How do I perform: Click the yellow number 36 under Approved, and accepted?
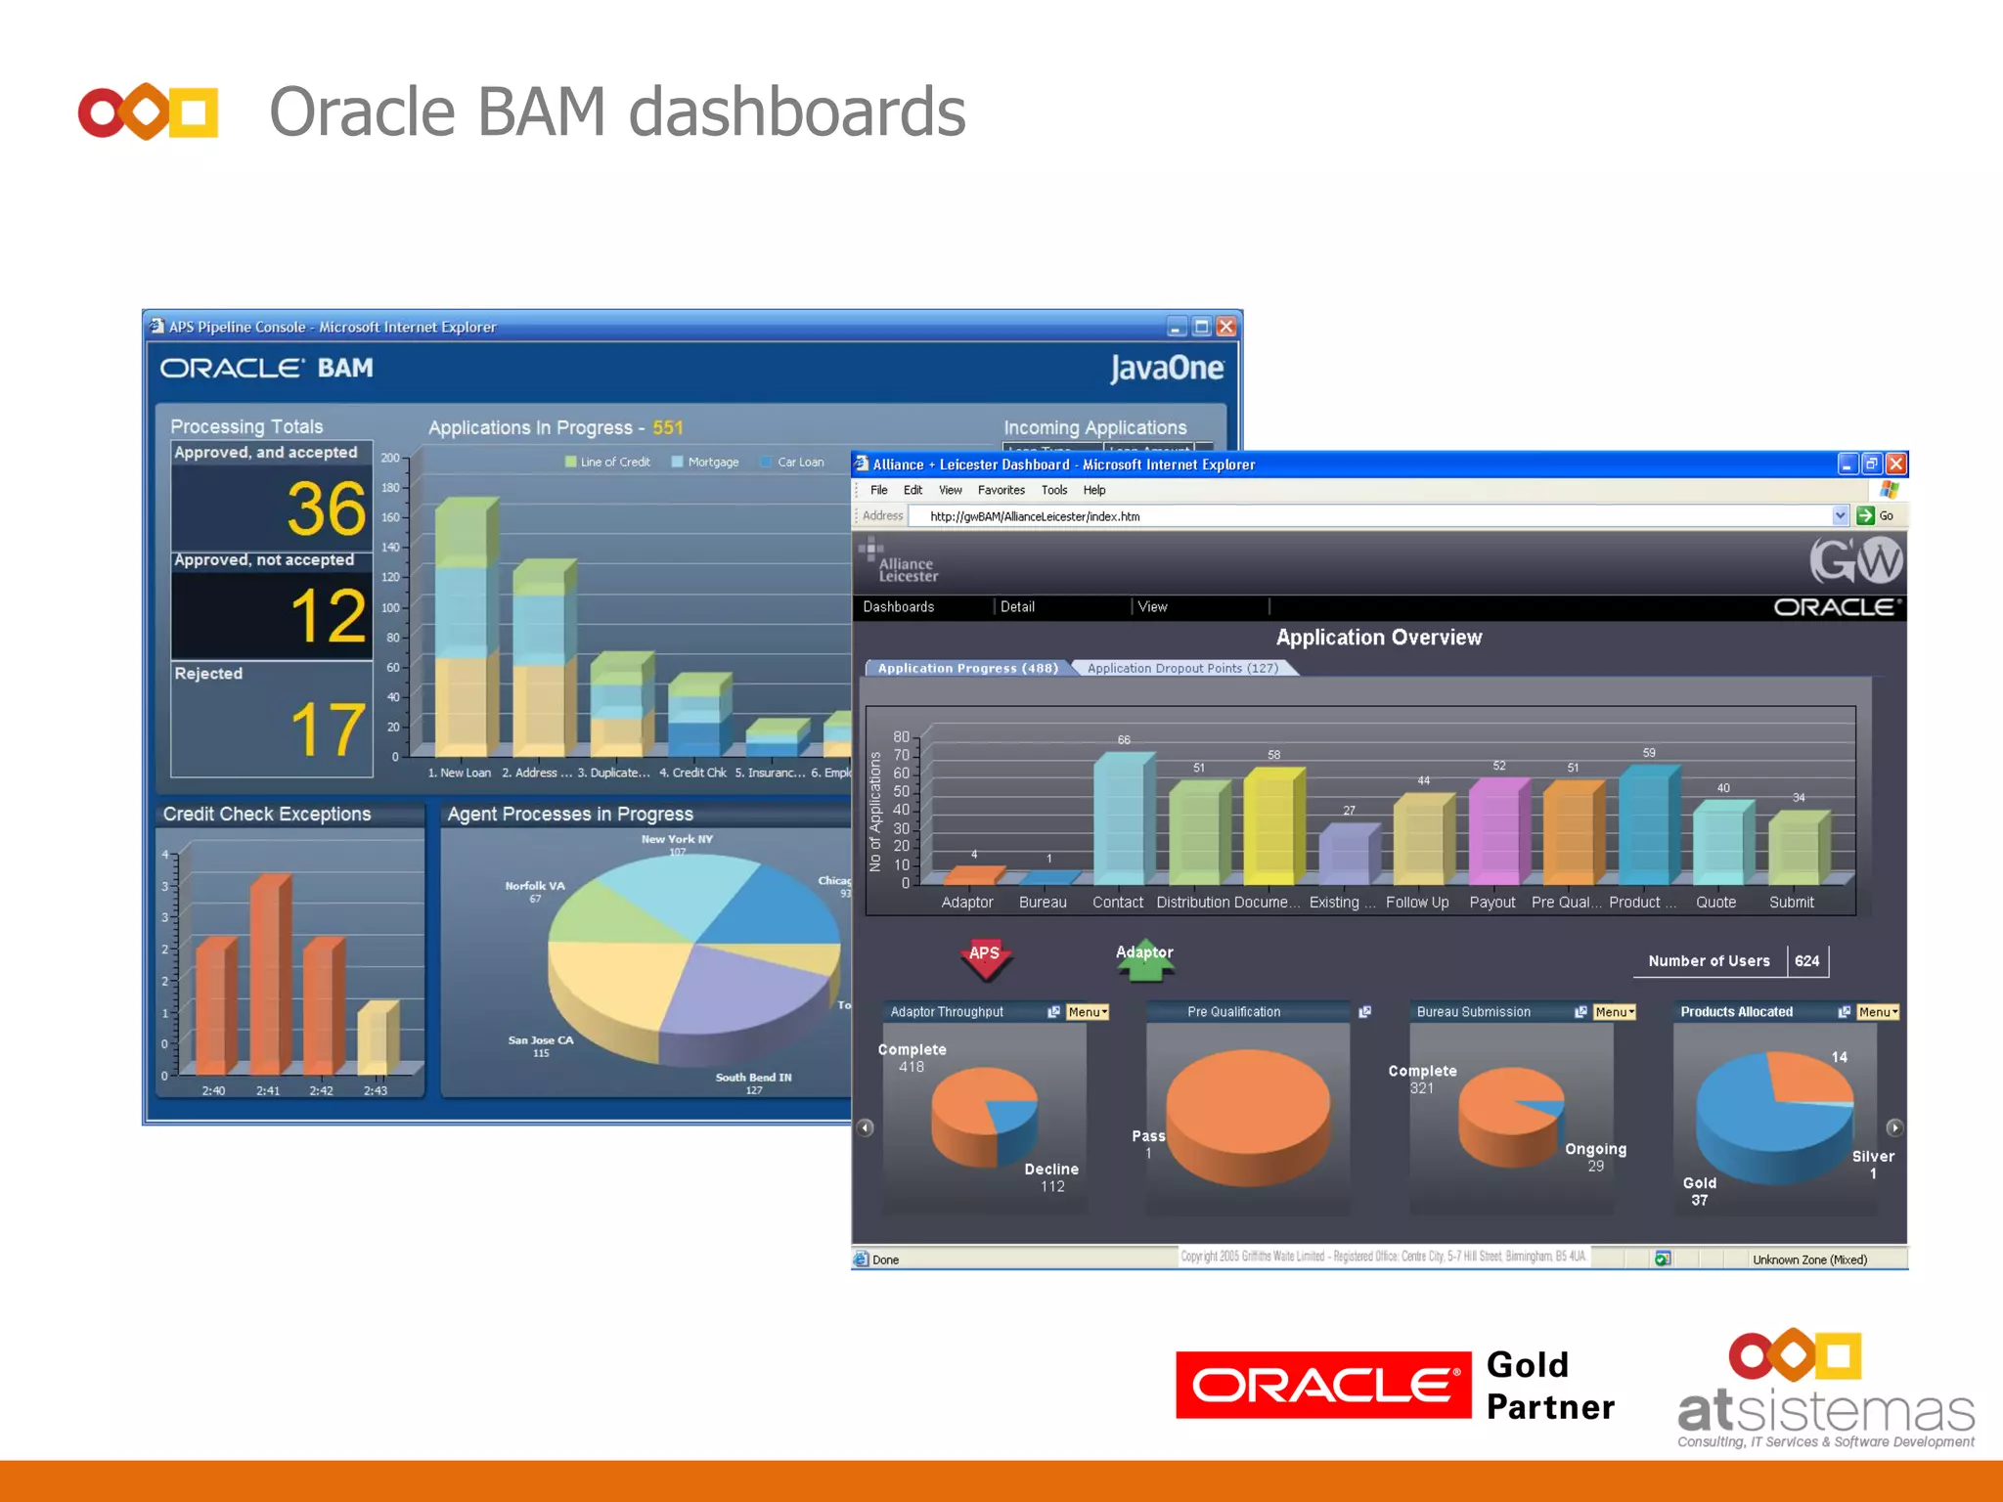point(327,508)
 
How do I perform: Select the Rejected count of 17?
point(327,729)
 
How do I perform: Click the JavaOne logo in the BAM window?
point(1166,369)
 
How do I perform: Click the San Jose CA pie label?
point(541,1044)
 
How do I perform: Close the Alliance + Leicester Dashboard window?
point(1895,464)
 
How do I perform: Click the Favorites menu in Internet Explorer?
point(1001,490)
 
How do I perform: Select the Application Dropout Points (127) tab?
point(1181,668)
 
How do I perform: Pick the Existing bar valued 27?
point(1346,853)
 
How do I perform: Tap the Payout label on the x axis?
point(1491,903)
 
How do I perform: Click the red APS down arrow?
point(985,958)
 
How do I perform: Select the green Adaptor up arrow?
point(1144,960)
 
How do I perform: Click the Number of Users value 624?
point(1806,961)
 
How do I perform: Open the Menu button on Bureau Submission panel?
point(1614,1012)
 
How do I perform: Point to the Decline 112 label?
point(1051,1177)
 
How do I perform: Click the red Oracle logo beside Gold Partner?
point(1322,1385)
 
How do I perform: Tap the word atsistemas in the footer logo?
point(1825,1412)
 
